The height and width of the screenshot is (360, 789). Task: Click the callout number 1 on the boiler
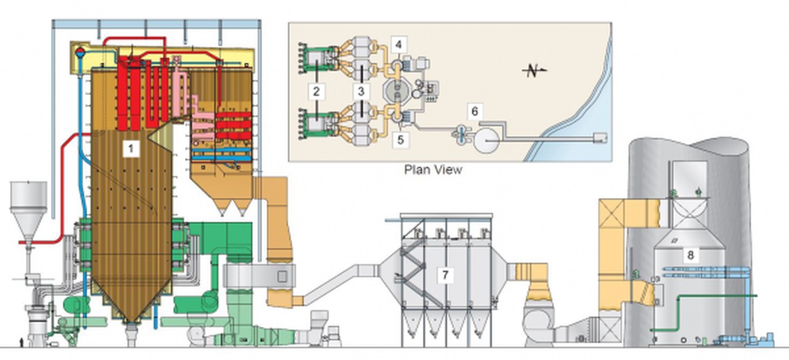pyautogui.click(x=129, y=148)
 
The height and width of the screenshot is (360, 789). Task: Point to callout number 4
pyautogui.click(x=399, y=45)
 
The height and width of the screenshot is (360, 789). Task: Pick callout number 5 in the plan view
pyautogui.click(x=400, y=140)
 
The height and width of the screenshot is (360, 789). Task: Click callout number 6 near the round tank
pyautogui.click(x=474, y=112)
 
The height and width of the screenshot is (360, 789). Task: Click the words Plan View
pyautogui.click(x=433, y=169)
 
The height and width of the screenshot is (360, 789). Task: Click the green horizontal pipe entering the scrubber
pyautogui.click(x=715, y=297)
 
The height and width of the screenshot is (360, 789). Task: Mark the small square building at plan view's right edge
pyautogui.click(x=600, y=139)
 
